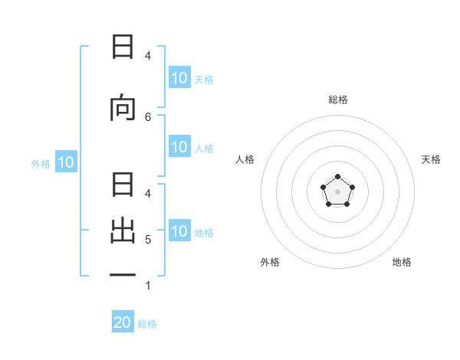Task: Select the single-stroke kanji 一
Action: click(123, 274)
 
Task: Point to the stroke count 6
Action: click(148, 116)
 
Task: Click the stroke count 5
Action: click(148, 240)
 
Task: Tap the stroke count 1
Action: click(148, 286)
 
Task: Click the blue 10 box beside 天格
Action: click(179, 78)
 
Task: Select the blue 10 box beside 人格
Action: click(179, 148)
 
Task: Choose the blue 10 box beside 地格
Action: click(179, 231)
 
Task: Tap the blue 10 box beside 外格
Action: click(66, 162)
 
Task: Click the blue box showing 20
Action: click(123, 322)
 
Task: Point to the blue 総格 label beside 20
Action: click(147, 324)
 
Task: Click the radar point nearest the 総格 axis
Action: click(337, 178)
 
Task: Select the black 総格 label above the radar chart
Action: click(337, 100)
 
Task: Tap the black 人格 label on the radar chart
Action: click(245, 159)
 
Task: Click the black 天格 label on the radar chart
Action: click(431, 159)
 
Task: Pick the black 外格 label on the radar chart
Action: click(270, 262)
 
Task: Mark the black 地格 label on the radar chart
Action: click(402, 262)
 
